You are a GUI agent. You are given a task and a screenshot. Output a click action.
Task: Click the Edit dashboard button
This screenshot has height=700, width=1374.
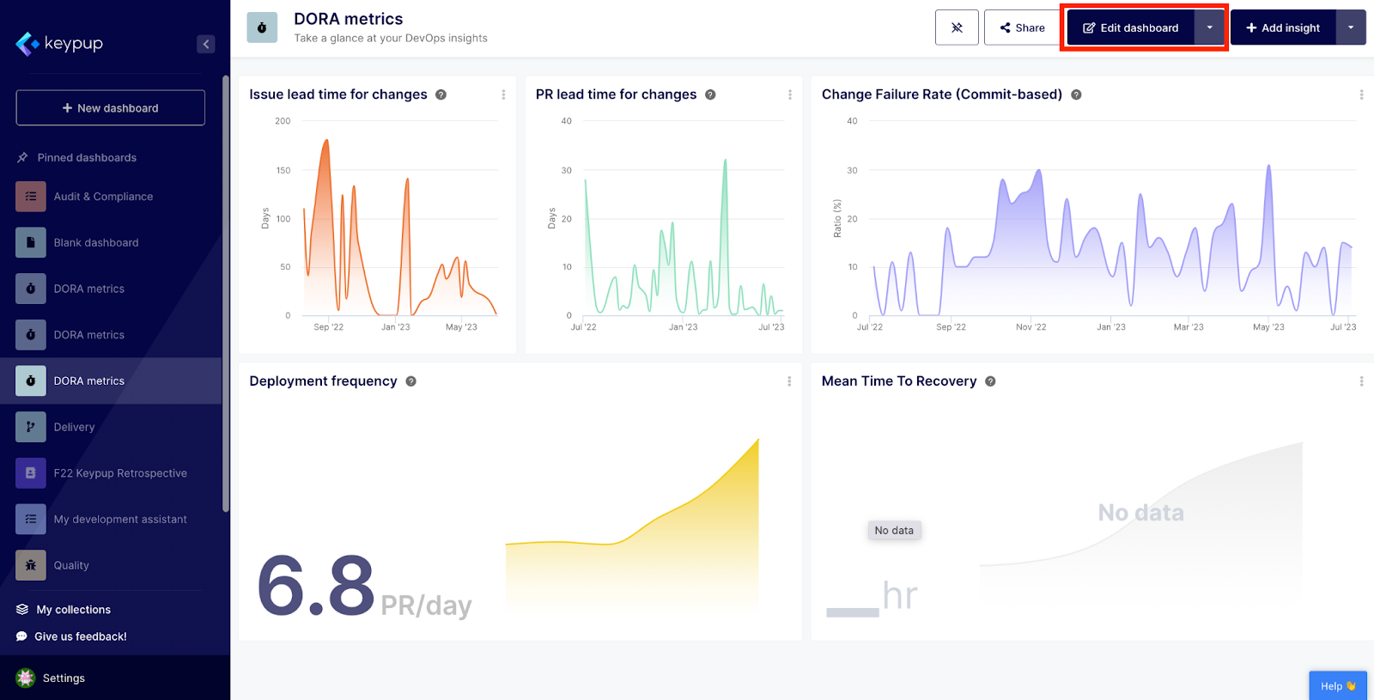1130,28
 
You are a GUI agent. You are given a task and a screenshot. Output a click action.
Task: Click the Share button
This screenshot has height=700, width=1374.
1022,28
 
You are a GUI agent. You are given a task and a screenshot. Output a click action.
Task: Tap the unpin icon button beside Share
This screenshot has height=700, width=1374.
957,28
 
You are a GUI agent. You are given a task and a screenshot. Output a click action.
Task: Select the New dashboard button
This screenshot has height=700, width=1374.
111,108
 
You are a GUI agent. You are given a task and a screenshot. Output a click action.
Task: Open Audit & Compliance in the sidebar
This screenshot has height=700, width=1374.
103,197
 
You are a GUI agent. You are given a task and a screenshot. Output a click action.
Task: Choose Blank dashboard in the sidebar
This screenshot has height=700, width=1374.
96,243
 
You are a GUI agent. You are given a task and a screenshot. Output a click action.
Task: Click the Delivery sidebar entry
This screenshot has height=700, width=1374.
75,427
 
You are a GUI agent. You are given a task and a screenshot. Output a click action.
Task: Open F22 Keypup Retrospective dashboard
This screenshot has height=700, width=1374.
120,473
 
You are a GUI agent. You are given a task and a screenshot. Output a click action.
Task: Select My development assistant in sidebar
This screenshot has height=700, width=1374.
120,520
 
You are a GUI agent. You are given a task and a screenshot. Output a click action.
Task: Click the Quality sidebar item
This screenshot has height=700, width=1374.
71,565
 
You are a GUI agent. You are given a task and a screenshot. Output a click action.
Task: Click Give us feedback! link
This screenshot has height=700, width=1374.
80,636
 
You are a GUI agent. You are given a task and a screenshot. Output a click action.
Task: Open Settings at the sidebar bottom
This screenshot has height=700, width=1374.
64,679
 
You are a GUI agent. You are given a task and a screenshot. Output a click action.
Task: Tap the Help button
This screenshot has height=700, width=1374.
1337,686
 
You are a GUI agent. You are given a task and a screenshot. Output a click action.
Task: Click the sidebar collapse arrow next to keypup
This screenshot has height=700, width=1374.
205,44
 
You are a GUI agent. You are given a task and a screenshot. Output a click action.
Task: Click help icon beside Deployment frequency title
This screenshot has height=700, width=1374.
411,381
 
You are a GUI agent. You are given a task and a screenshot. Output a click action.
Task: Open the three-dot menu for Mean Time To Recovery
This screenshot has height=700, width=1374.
1361,381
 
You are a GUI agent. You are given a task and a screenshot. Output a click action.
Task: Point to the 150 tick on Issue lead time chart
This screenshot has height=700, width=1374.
283,171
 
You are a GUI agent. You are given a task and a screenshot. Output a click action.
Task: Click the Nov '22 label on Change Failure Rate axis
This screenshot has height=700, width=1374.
1030,327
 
